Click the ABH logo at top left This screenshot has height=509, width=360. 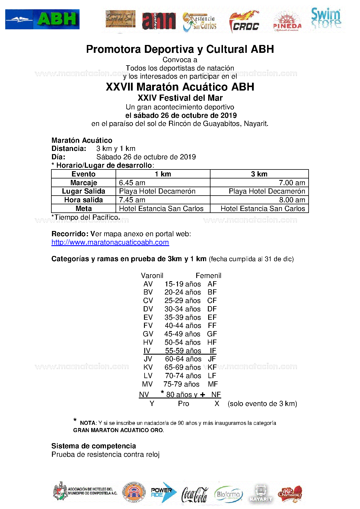tap(42, 19)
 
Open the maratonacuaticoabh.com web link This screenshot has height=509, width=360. tap(110, 242)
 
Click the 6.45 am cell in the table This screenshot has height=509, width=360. tap(132, 183)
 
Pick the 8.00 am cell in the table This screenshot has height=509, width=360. tap(292, 200)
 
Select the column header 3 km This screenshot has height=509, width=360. tap(259, 174)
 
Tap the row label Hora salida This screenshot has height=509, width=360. tap(84, 200)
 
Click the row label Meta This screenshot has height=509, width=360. tap(84, 209)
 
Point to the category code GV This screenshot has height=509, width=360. tap(148, 334)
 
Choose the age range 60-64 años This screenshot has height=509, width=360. tap(183, 359)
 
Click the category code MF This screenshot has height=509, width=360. tap(213, 384)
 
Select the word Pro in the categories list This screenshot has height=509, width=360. tap(183, 404)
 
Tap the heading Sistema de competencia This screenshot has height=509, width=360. tap(93, 446)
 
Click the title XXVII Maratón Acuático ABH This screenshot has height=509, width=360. tap(180, 87)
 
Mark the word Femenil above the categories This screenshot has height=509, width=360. tap(208, 275)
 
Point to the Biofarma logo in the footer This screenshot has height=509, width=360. tap(228, 494)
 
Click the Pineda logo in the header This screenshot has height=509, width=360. tap(287, 22)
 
